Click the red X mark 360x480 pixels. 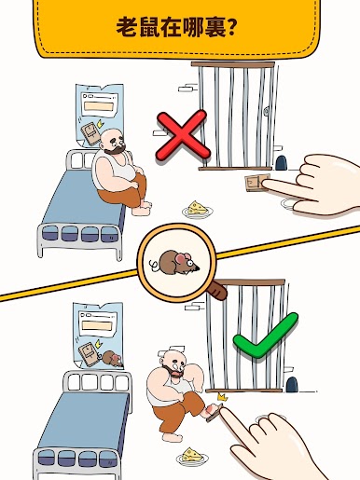(x=183, y=136)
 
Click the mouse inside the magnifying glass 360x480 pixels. (x=176, y=263)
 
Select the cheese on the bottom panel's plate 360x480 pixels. (x=192, y=454)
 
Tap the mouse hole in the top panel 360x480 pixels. (x=282, y=163)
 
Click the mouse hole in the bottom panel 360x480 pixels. (x=292, y=385)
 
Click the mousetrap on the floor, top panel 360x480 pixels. (x=256, y=183)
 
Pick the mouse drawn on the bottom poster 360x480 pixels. (x=112, y=359)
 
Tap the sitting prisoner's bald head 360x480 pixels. (x=111, y=137)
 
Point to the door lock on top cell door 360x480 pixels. (x=267, y=111)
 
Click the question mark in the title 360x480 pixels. (x=231, y=27)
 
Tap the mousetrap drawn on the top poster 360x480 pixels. (x=90, y=134)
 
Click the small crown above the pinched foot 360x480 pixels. (x=223, y=397)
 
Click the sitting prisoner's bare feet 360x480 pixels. (x=143, y=209)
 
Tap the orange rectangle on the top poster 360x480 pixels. (x=99, y=106)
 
